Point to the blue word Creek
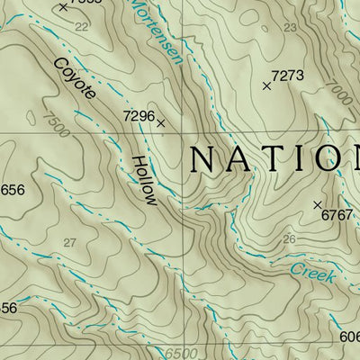(311, 274)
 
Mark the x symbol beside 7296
(161, 123)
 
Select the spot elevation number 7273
(287, 76)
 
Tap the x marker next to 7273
(266, 86)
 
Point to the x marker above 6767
(317, 204)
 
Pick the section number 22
(82, 27)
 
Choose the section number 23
(289, 28)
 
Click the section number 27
(70, 242)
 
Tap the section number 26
(289, 239)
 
